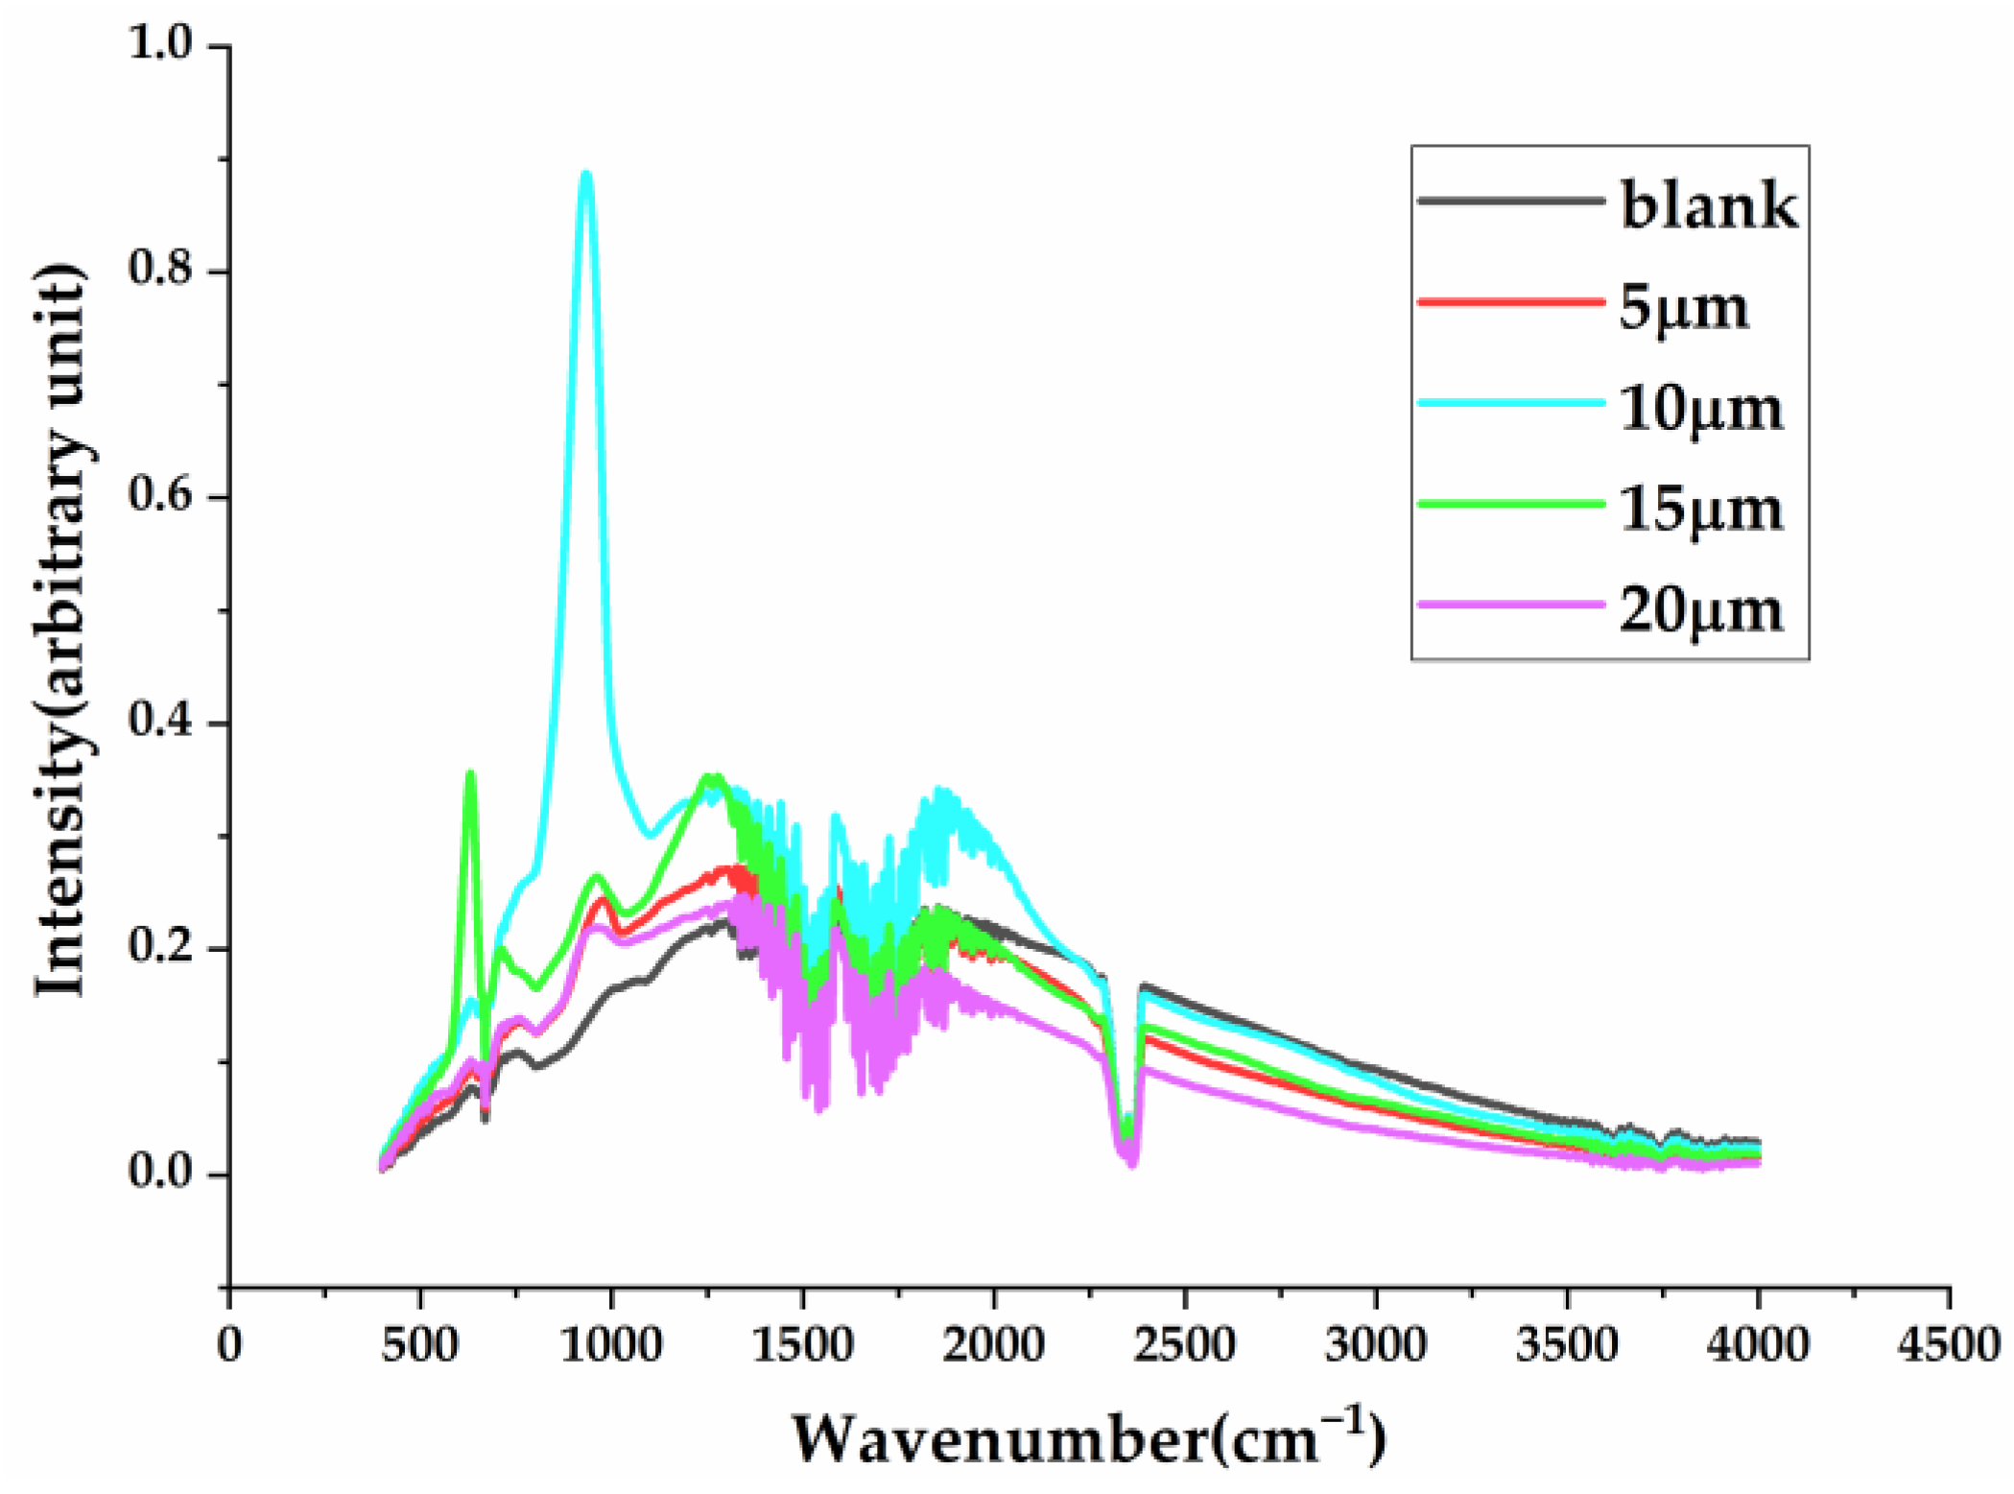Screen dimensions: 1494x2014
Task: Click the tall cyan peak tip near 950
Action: click(x=586, y=173)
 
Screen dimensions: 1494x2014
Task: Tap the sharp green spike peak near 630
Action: click(x=470, y=772)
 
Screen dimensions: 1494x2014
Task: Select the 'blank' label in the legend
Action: click(x=1709, y=204)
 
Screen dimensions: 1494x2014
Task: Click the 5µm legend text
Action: click(x=1684, y=308)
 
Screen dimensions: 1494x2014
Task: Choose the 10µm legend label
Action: click(x=1701, y=410)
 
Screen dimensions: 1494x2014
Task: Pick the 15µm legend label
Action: click(x=1701, y=510)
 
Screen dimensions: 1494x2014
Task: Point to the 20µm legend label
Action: click(x=1701, y=611)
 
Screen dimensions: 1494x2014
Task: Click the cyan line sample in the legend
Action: click(x=1511, y=403)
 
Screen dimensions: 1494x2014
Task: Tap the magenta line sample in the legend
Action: click(x=1511, y=605)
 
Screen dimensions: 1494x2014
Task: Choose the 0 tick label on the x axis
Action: click(x=229, y=1345)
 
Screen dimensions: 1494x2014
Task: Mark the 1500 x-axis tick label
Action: click(x=802, y=1345)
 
